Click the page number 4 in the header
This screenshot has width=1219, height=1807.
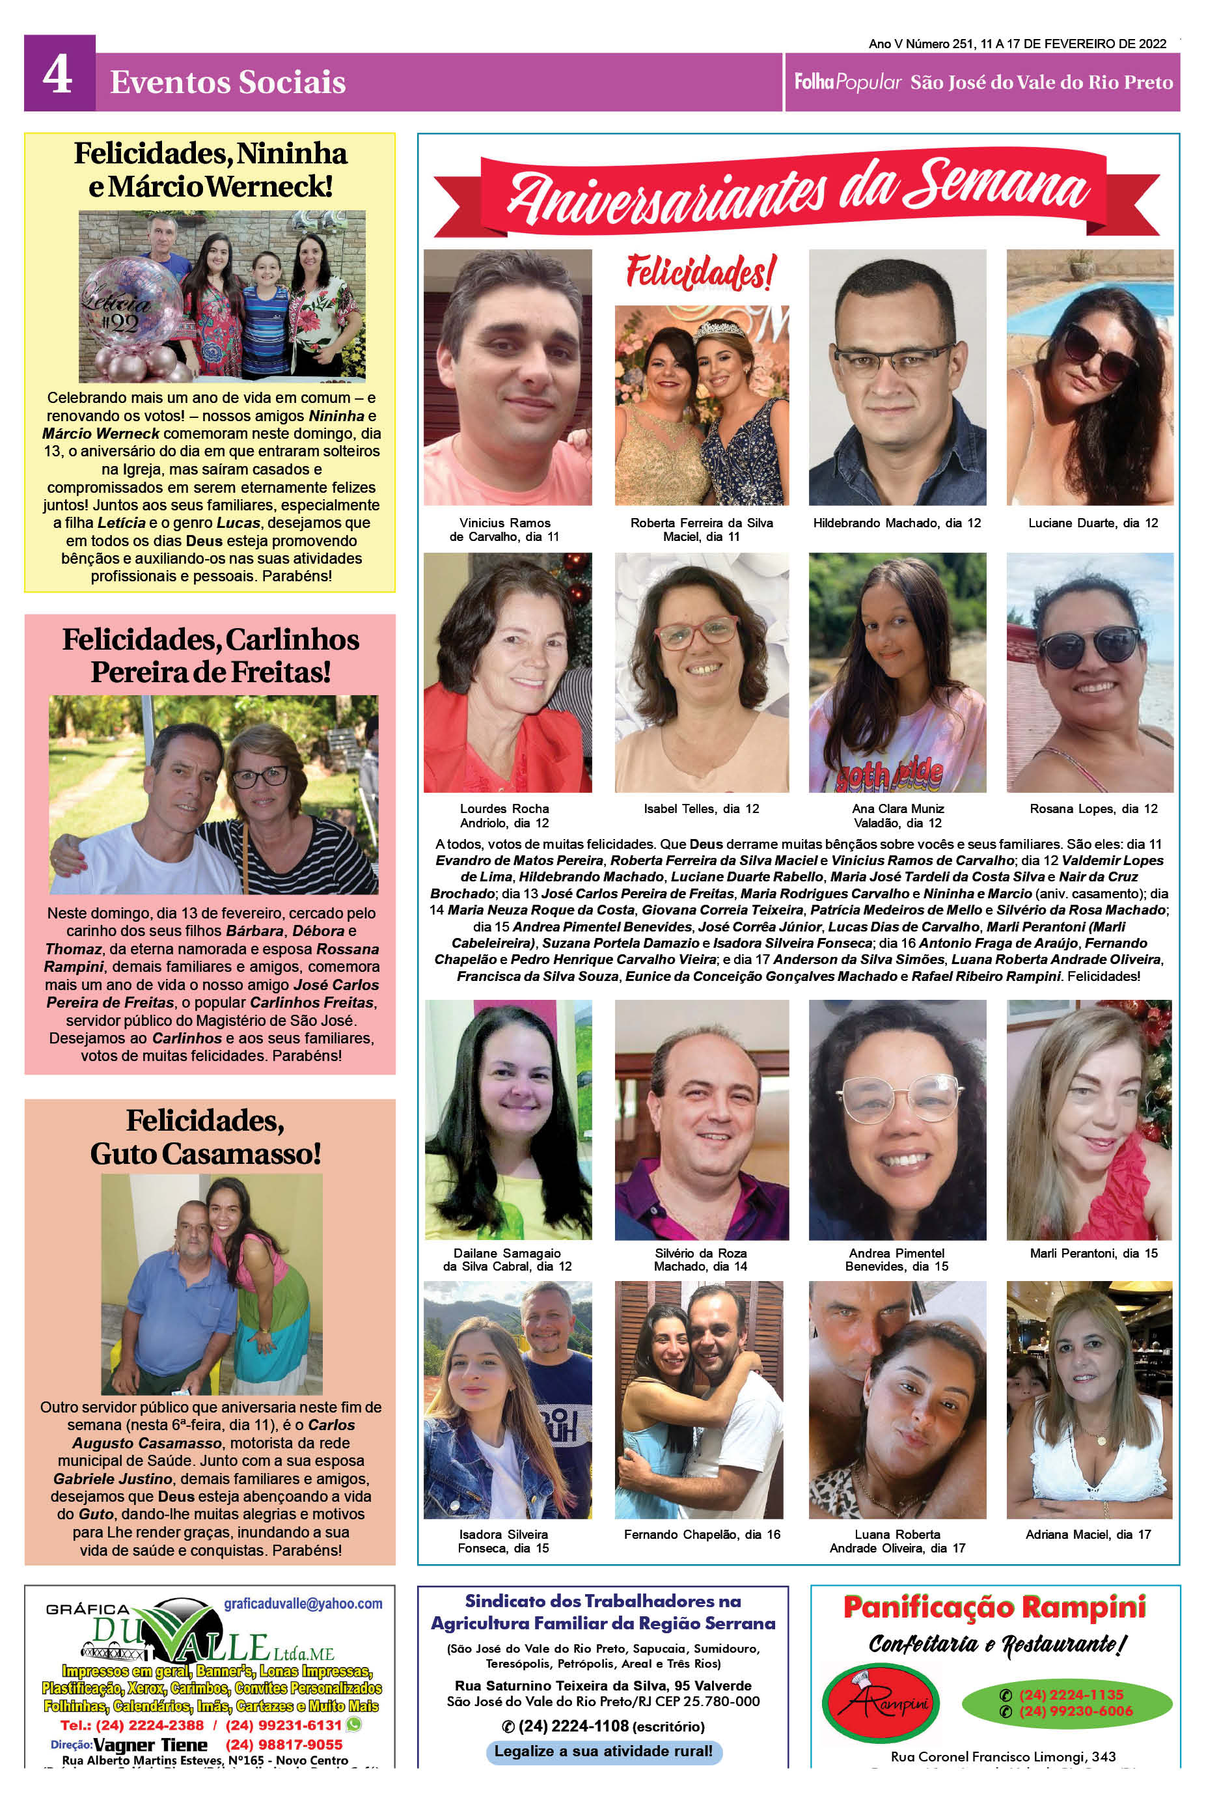pyautogui.click(x=59, y=76)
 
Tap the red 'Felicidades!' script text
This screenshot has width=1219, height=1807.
pyautogui.click(x=700, y=273)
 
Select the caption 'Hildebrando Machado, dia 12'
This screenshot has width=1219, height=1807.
pyautogui.click(x=896, y=523)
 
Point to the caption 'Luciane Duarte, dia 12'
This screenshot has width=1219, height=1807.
pyautogui.click(x=1092, y=523)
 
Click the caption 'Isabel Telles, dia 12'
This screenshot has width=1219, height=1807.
pyautogui.click(x=701, y=808)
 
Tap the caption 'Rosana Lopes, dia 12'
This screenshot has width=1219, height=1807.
pyautogui.click(x=1093, y=808)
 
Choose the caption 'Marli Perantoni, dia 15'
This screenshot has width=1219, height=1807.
pyautogui.click(x=1093, y=1254)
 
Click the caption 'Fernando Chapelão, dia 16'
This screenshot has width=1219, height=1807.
pyautogui.click(x=701, y=1535)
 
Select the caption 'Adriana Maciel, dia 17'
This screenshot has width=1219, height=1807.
pyautogui.click(x=1088, y=1535)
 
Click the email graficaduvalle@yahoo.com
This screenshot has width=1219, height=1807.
pyautogui.click(x=303, y=1604)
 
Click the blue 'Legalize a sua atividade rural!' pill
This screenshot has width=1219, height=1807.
pyautogui.click(x=603, y=1752)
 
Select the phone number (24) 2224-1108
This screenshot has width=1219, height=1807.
pyautogui.click(x=573, y=1727)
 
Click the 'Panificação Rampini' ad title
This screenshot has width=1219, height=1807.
pyautogui.click(x=994, y=1607)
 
